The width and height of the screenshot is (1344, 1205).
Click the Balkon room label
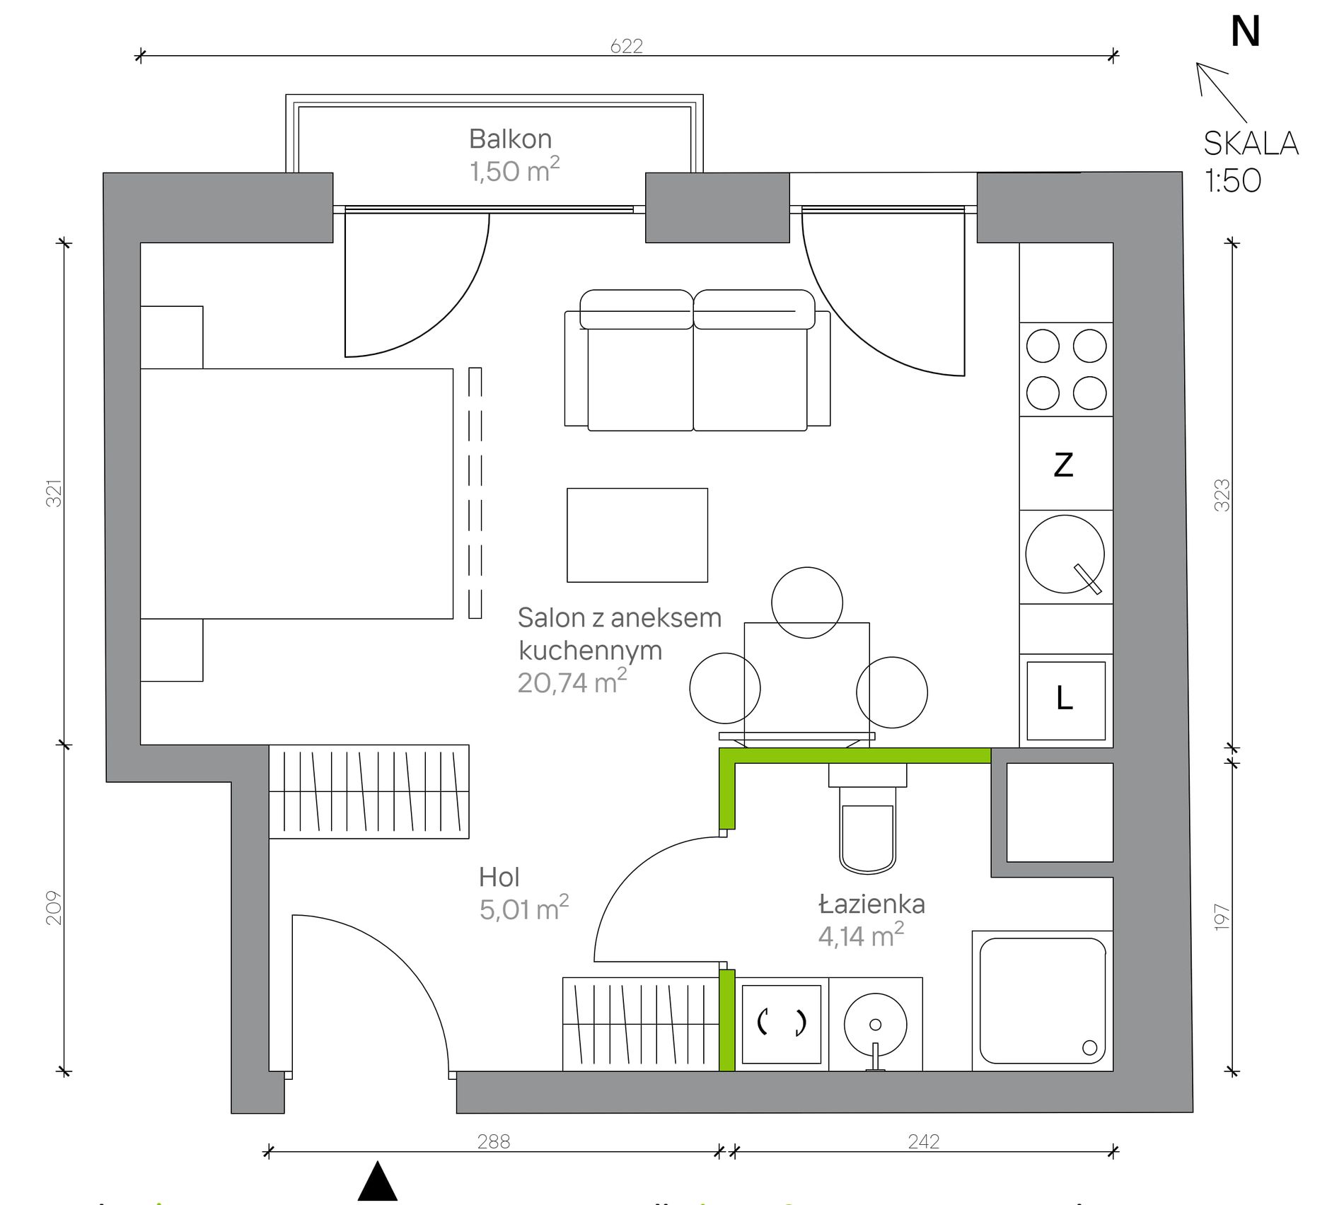(510, 139)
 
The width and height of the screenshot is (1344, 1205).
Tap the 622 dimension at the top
(626, 46)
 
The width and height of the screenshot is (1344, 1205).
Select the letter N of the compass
(1245, 33)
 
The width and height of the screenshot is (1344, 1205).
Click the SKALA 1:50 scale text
(1250, 162)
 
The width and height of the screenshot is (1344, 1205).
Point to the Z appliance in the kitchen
(1064, 465)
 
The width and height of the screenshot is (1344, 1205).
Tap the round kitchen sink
(1064, 554)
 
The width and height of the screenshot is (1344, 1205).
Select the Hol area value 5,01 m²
(523, 909)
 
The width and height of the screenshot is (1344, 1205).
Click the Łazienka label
(871, 904)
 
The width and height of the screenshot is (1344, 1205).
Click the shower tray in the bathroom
(1042, 1001)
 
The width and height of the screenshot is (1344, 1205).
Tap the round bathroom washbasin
(875, 1024)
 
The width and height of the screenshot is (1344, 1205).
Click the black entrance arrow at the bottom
(378, 1182)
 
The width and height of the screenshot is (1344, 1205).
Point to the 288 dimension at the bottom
(493, 1142)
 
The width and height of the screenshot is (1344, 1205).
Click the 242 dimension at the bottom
(923, 1142)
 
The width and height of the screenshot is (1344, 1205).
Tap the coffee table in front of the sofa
(637, 535)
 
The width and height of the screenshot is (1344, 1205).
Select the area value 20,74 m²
(572, 682)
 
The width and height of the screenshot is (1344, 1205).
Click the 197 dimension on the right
(1222, 917)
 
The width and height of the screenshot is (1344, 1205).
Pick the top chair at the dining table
(806, 602)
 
